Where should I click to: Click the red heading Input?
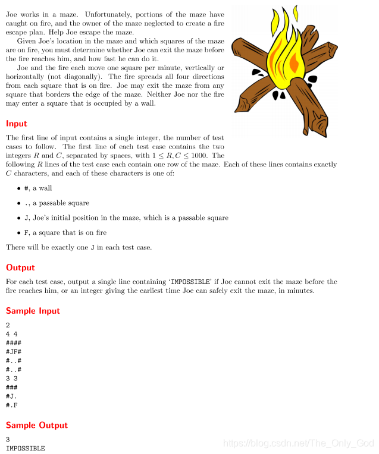pyautogui.click(x=16, y=124)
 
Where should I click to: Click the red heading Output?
pyautogui.click(x=20, y=267)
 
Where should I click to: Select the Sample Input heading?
pyautogui.click(x=33, y=311)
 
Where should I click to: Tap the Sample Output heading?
pyautogui.click(x=36, y=425)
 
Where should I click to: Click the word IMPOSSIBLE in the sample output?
pyautogui.click(x=25, y=448)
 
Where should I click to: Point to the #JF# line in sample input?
pyautogui.click(x=14, y=351)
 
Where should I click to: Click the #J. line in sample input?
pyautogui.click(x=11, y=396)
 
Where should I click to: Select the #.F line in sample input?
pyautogui.click(x=11, y=405)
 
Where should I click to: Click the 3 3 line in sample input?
pyautogui.click(x=10, y=378)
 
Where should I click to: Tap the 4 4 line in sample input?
pyautogui.click(x=10, y=333)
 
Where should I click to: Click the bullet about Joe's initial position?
pyautogui.click(x=126, y=218)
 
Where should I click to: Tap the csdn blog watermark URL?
pyautogui.click(x=297, y=443)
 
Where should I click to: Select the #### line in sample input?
pyautogui.click(x=14, y=342)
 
